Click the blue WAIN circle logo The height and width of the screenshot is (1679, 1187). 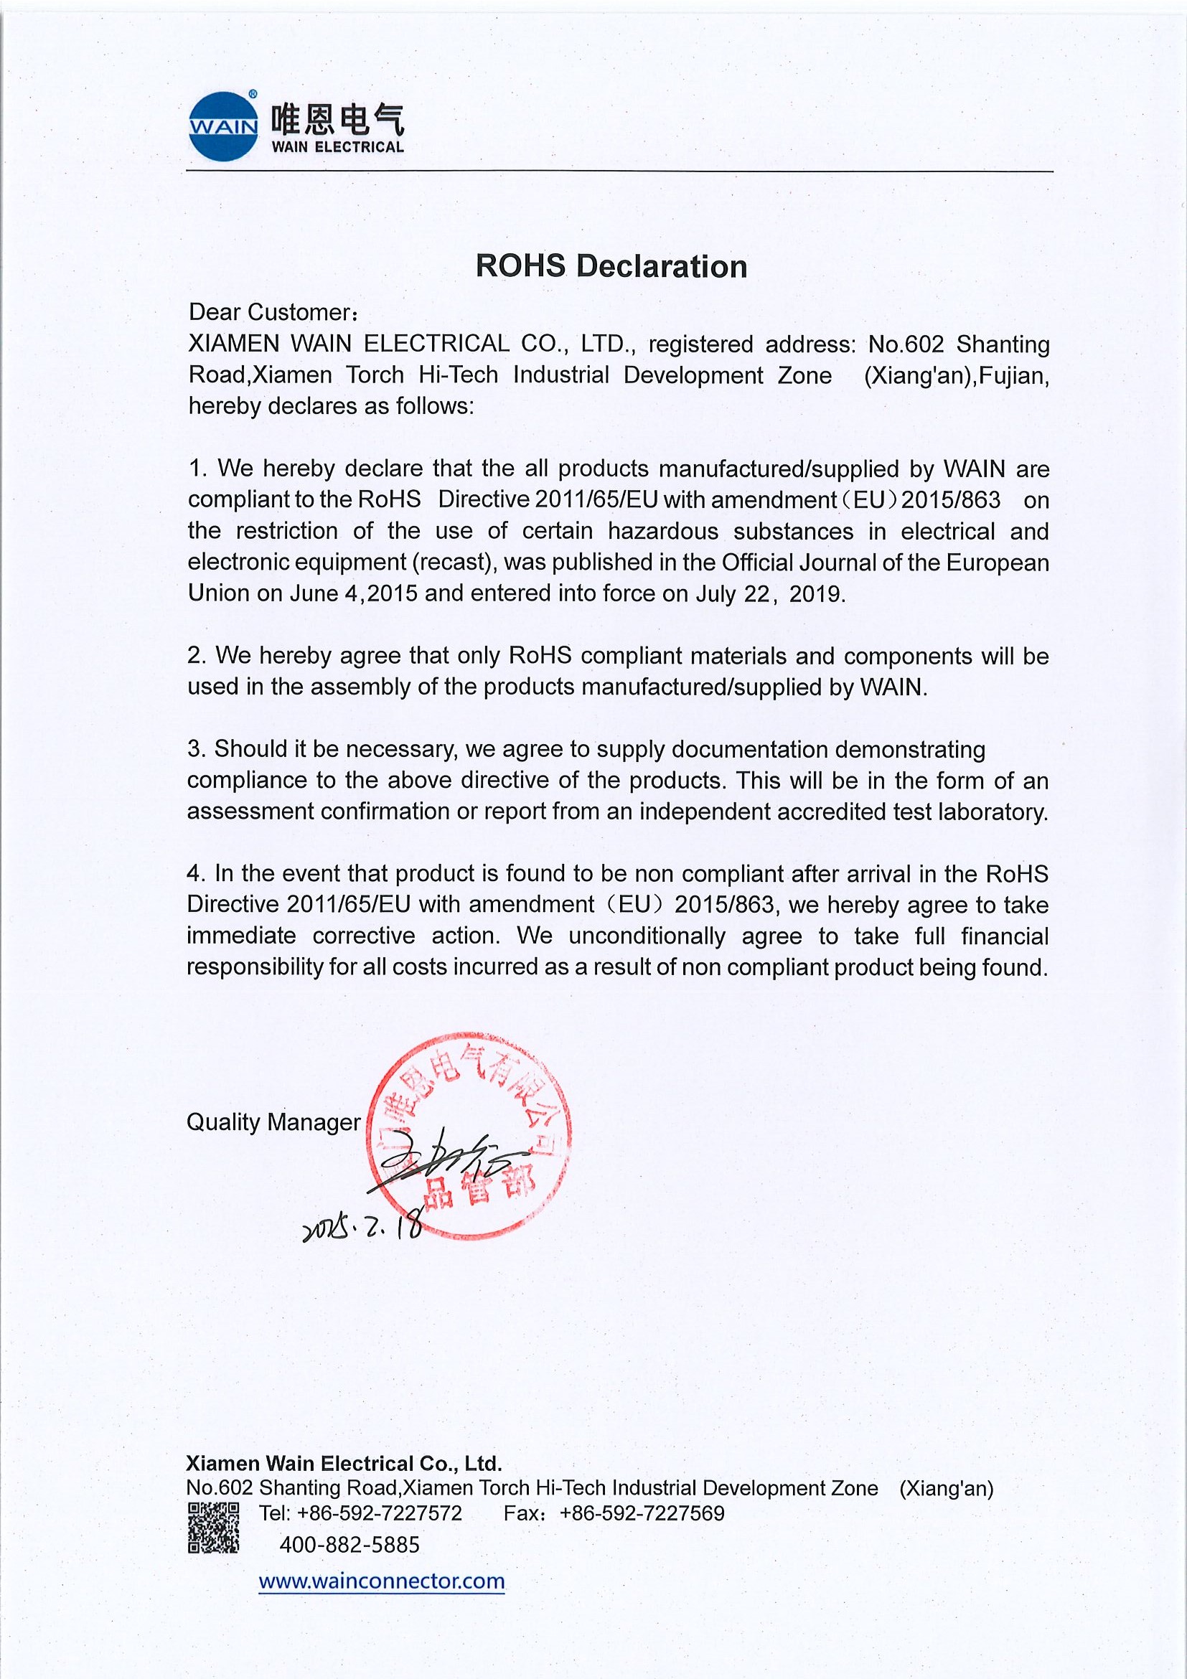pyautogui.click(x=223, y=126)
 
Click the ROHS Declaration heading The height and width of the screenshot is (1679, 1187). pyautogui.click(x=611, y=266)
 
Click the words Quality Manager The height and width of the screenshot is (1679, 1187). pyautogui.click(x=273, y=1121)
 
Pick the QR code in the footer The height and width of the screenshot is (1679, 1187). pyautogui.click(x=213, y=1528)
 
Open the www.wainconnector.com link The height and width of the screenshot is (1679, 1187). pyautogui.click(x=381, y=1581)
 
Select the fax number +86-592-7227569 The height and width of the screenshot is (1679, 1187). pyautogui.click(x=642, y=1513)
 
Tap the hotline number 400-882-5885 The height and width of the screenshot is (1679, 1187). pyautogui.click(x=349, y=1544)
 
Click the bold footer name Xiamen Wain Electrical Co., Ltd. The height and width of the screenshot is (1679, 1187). pyautogui.click(x=344, y=1463)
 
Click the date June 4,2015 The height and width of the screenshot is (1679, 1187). pyautogui.click(x=353, y=593)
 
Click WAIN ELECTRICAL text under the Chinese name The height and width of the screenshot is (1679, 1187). pyautogui.click(x=337, y=147)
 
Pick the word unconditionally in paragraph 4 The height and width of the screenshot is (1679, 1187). pyautogui.click(x=647, y=936)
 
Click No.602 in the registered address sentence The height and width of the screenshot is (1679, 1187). pyautogui.click(x=906, y=344)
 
